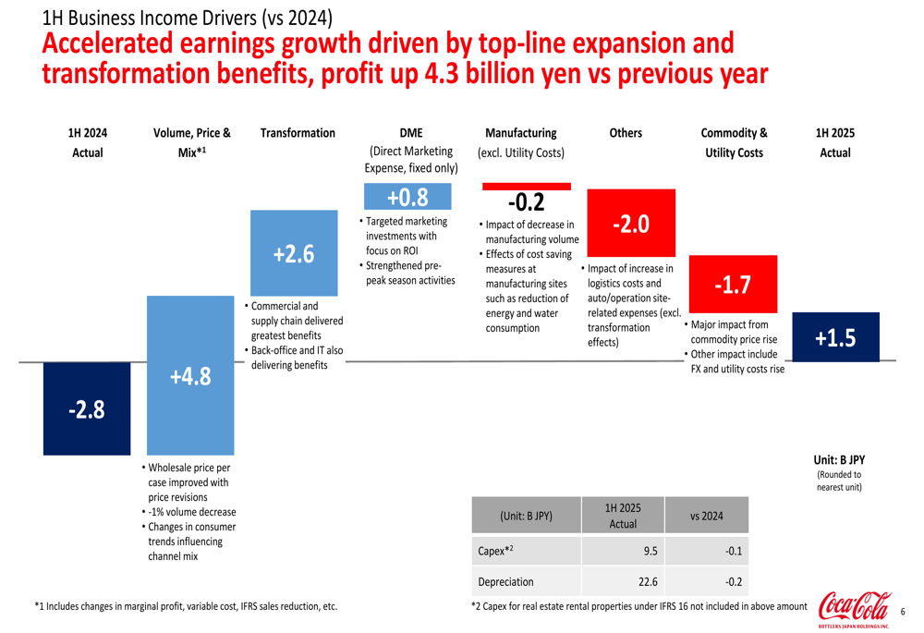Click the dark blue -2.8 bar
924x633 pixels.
[x=87, y=408]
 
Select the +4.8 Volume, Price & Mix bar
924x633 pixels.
[x=191, y=375]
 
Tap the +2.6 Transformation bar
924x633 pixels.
[x=294, y=253]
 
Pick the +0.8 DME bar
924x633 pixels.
[x=407, y=198]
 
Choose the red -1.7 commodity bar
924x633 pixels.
[x=732, y=285]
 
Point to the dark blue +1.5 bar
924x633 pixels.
[x=835, y=339]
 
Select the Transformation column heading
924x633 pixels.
[x=298, y=133]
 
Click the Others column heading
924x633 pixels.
[x=626, y=133]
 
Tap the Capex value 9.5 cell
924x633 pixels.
[x=650, y=551]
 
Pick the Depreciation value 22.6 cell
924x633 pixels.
[x=648, y=582]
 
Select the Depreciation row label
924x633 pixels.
[x=505, y=582]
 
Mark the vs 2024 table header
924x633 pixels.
[x=707, y=516]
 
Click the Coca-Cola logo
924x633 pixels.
[x=854, y=610]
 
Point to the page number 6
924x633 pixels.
[x=903, y=611]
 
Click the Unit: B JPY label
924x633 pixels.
[x=838, y=459]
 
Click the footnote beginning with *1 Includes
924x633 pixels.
[x=186, y=606]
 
